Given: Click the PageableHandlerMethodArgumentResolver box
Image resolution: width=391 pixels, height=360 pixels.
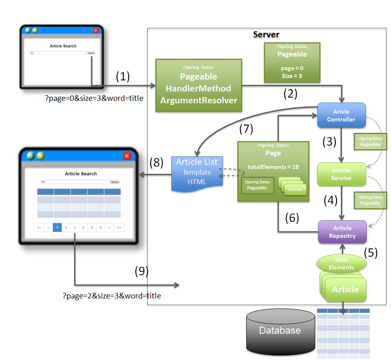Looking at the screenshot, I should click(199, 86).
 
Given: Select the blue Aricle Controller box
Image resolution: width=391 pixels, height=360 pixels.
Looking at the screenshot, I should click(341, 115).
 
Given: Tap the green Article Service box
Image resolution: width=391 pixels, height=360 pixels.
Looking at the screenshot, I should click(341, 174).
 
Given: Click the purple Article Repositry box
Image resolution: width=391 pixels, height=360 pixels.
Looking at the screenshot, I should click(342, 232).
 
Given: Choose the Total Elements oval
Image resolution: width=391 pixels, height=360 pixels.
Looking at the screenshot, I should click(341, 263).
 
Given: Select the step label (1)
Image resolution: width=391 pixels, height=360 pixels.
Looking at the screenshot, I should click(123, 76).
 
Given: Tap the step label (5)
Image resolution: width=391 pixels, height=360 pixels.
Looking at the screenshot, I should click(371, 252).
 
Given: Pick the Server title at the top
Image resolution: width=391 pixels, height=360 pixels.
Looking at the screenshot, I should click(266, 34).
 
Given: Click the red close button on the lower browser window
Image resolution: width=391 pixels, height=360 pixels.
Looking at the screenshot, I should click(127, 155).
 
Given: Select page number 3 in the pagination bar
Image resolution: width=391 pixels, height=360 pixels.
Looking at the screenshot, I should click(75, 228).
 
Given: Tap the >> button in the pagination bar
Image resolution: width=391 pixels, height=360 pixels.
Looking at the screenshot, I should click(119, 228).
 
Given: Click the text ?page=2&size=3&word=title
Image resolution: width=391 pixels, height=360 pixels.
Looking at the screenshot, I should click(111, 296).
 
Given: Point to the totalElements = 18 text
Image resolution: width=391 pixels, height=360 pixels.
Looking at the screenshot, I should click(273, 167).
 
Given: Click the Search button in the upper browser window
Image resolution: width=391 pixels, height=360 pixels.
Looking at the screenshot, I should click(91, 53).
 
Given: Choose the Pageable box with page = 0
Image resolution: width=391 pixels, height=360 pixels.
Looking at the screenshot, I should click(292, 62).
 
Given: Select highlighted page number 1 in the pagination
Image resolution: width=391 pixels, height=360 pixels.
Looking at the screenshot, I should click(57, 228).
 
